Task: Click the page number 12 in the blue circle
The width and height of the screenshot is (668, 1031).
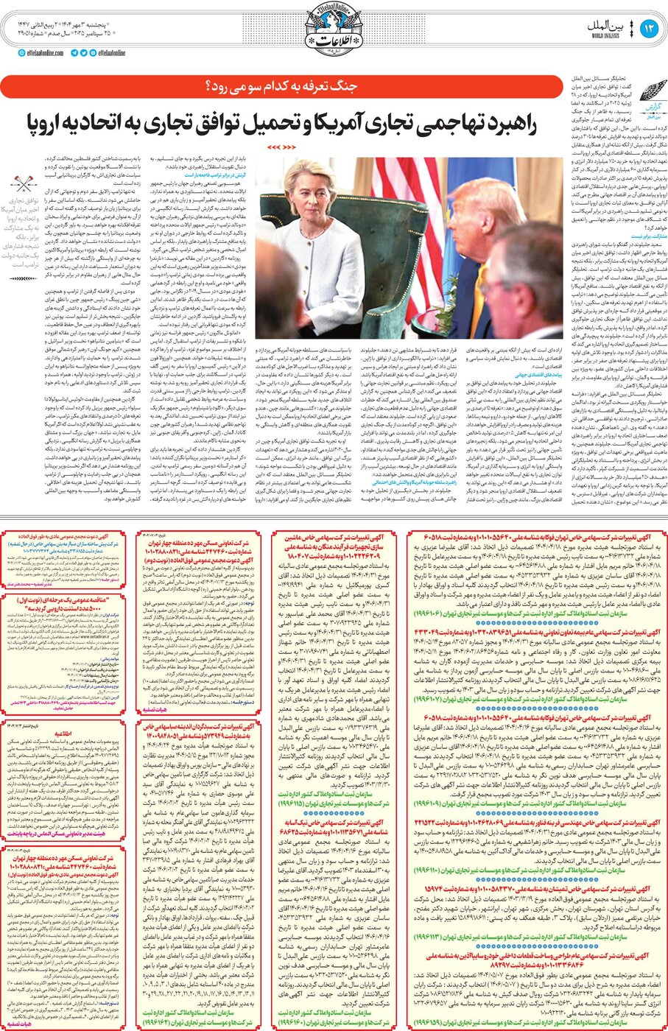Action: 649,29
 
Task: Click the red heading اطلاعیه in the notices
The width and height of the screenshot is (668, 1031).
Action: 63,733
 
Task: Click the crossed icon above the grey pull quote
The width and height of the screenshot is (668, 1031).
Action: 21,182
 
